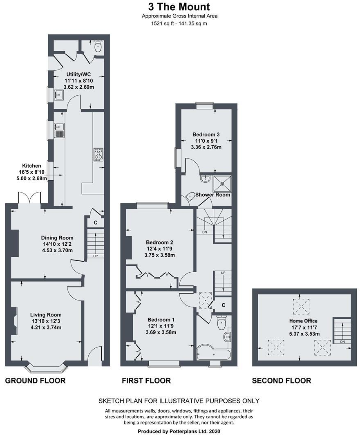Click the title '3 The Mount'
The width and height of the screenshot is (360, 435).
coord(180,7)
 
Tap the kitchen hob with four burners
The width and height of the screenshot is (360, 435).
coord(98,153)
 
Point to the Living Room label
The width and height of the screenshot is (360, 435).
coord(46,315)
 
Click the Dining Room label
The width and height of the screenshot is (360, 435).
coord(57,238)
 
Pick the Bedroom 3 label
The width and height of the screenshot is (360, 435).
coord(206,135)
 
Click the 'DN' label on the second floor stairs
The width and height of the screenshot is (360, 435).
coord(343,341)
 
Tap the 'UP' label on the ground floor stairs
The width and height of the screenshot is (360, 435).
coord(95,256)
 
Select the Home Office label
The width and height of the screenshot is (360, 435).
coord(303,321)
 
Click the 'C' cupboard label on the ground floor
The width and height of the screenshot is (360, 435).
coord(95,223)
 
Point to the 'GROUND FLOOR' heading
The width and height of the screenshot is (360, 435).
coord(35,381)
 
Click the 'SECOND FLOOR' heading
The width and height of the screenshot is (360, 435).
coord(281,381)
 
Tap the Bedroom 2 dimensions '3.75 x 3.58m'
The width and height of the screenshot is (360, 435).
coord(159,255)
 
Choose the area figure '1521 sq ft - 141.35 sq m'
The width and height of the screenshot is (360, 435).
coord(180,23)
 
